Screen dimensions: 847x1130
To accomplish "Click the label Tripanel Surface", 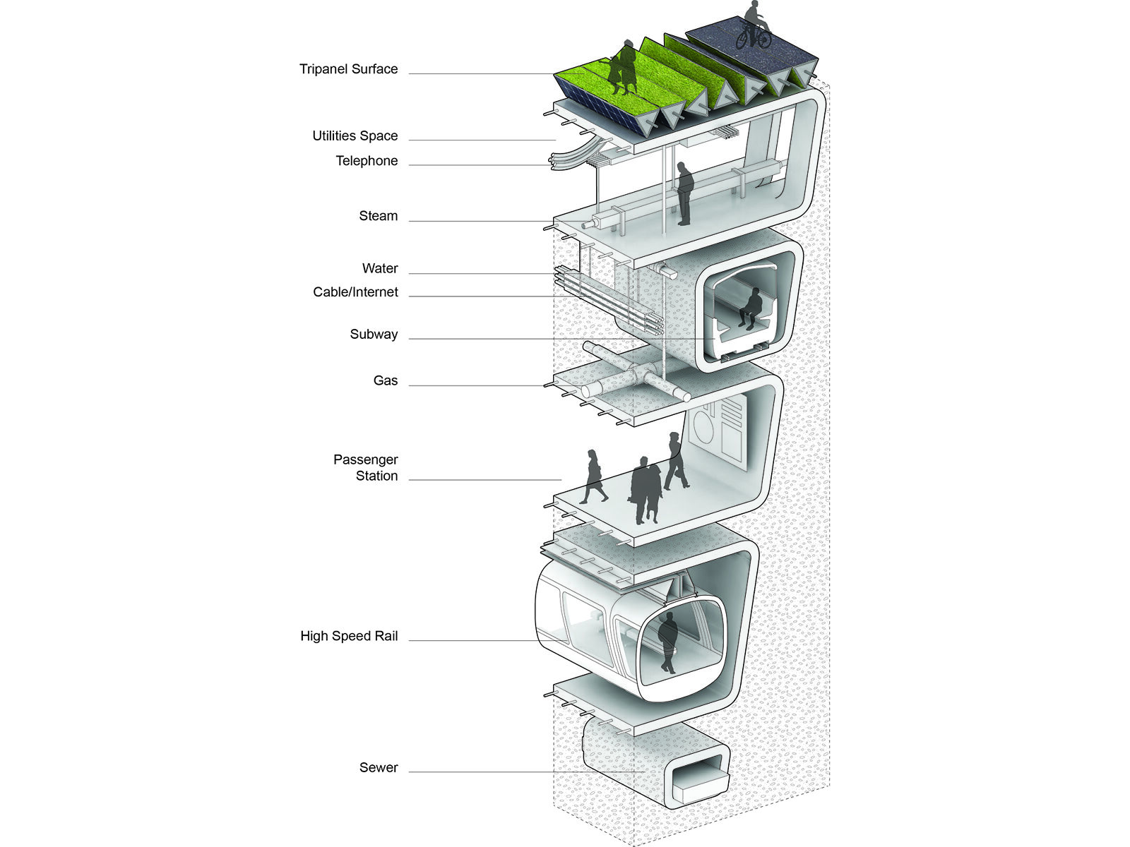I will pyautogui.click(x=348, y=69).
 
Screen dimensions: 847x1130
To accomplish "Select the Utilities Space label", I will pyautogui.click(x=355, y=136).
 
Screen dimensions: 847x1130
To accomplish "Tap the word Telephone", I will pyautogui.click(x=367, y=161).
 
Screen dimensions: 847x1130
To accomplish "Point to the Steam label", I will pyautogui.click(x=378, y=216).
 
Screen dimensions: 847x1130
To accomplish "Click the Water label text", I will pyautogui.click(x=380, y=268).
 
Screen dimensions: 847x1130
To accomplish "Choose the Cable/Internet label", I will pyautogui.click(x=355, y=292).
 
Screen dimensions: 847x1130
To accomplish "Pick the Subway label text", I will pyautogui.click(x=374, y=335).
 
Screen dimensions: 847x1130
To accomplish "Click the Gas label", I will pyautogui.click(x=385, y=380).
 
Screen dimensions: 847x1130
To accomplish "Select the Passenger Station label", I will pyautogui.click(x=366, y=468).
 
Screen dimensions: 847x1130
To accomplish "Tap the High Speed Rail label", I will pyautogui.click(x=349, y=636).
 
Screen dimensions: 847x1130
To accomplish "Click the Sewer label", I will pyautogui.click(x=379, y=767).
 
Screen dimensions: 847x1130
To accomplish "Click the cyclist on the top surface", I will pyautogui.click(x=753, y=26).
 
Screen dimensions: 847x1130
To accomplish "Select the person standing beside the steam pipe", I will pyautogui.click(x=684, y=193).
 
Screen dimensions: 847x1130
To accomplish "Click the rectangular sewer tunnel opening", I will pyautogui.click(x=699, y=782).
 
